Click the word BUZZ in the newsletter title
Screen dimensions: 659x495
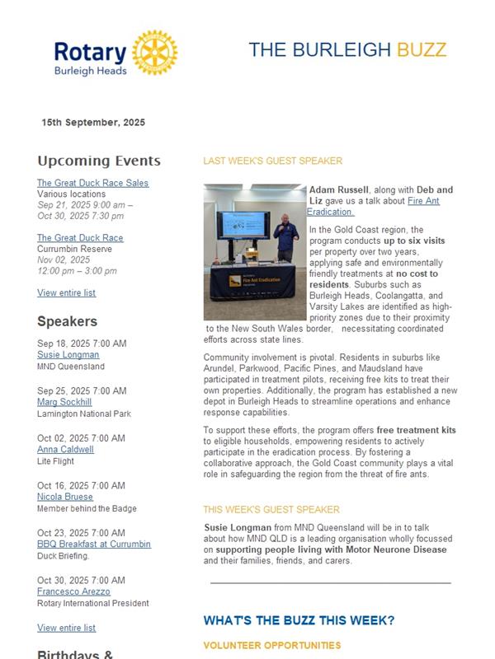422,49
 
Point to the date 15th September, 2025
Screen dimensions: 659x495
93,123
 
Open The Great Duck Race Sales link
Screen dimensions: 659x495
92,183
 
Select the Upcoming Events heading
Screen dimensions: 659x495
99,161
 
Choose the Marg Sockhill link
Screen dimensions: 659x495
64,402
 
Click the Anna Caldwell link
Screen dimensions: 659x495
65,450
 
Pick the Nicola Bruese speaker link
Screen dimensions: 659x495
65,497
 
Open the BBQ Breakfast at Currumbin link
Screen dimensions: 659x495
94,544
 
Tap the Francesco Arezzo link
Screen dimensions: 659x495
73,591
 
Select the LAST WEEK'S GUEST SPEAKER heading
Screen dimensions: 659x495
272,161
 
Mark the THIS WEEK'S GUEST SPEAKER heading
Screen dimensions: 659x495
271,510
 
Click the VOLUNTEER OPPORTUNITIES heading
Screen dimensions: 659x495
271,645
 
